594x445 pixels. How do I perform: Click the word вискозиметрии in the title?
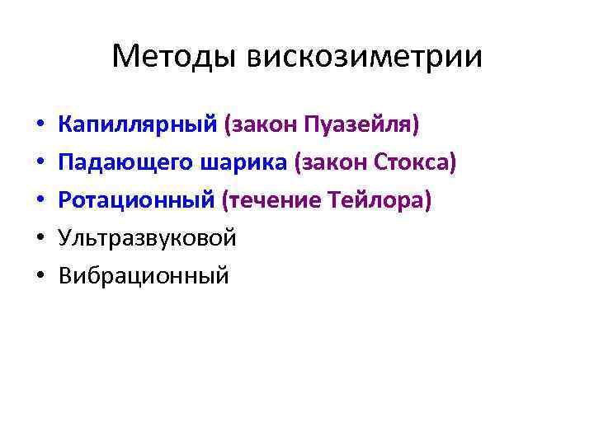pyautogui.click(x=365, y=57)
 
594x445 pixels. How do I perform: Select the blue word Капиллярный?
pyautogui.click(x=138, y=125)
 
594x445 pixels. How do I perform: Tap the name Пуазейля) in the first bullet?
pyautogui.click(x=362, y=125)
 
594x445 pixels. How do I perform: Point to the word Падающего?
pyautogui.click(x=126, y=163)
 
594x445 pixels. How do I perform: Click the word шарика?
pyautogui.click(x=244, y=163)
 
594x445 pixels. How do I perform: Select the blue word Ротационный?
pyautogui.click(x=137, y=201)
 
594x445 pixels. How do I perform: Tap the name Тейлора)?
pyautogui.click(x=380, y=201)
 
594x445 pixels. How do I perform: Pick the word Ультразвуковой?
pyautogui.click(x=148, y=239)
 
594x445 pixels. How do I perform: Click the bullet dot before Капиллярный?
pyautogui.click(x=40, y=126)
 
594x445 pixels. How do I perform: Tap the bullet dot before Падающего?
pyautogui.click(x=40, y=164)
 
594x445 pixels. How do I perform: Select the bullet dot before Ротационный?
pyautogui.click(x=40, y=202)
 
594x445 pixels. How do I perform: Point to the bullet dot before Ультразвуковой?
pyautogui.click(x=40, y=240)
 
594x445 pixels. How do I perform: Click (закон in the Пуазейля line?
pyautogui.click(x=262, y=125)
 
